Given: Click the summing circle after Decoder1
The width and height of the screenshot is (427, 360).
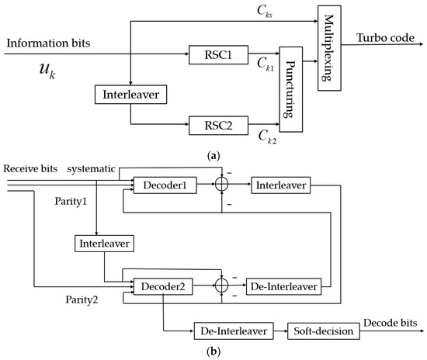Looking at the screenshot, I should point(223,185).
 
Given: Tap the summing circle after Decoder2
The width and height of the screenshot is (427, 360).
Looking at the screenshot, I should point(223,286).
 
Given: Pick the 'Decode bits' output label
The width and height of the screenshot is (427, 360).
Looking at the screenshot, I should point(391,321).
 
